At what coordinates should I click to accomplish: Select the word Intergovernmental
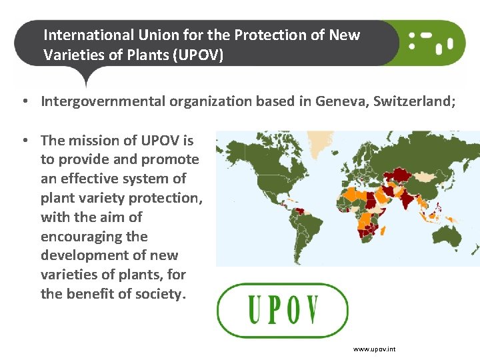click(x=103, y=101)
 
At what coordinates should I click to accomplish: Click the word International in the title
click(x=89, y=35)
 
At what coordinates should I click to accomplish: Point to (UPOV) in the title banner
click(x=198, y=55)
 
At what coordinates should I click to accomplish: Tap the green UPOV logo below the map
click(x=283, y=310)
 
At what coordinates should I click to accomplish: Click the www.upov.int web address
click(x=374, y=349)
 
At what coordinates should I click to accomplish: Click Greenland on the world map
click(x=320, y=143)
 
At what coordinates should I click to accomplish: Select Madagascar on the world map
click(x=383, y=231)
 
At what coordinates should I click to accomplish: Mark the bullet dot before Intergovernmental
click(x=25, y=101)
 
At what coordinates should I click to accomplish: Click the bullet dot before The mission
click(x=25, y=141)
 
